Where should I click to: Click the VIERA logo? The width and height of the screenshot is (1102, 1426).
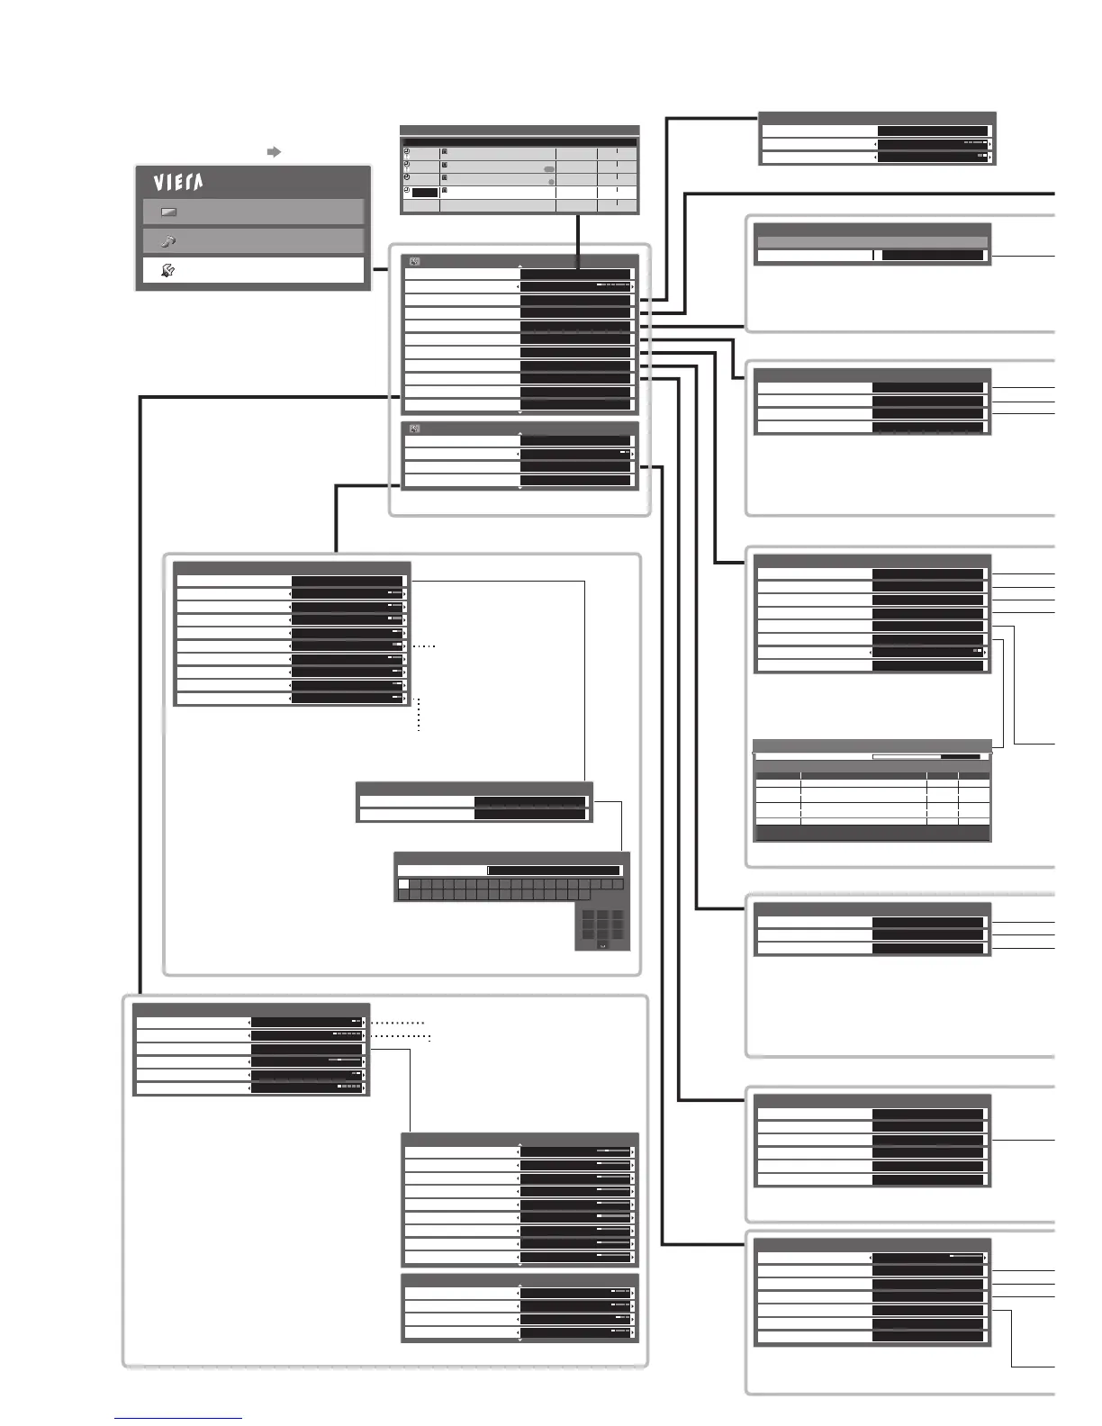[177, 183]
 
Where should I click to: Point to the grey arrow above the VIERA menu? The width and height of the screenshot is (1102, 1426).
[275, 152]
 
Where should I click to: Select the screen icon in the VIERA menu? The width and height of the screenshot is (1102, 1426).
[168, 212]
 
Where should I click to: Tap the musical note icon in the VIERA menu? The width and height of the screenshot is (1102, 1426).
[168, 241]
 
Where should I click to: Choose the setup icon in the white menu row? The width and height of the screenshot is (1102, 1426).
[168, 269]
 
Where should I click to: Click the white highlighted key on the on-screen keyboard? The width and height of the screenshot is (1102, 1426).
[403, 885]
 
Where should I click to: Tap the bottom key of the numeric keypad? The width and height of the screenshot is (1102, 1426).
[602, 945]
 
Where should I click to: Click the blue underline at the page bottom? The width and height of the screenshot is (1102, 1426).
[178, 1418]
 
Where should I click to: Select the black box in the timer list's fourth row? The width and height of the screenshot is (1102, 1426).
[425, 193]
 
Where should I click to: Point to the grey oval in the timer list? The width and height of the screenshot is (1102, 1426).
[548, 169]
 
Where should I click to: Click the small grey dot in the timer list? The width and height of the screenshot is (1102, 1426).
[551, 181]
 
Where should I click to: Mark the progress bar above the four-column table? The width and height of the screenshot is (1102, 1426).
[926, 757]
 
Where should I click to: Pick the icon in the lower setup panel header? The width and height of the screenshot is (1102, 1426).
[414, 429]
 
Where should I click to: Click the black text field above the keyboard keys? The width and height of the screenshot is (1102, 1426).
[554, 871]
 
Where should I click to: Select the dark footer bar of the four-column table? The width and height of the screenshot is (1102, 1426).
[872, 834]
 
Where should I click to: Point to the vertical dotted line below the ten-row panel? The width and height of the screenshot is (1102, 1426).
[419, 716]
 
